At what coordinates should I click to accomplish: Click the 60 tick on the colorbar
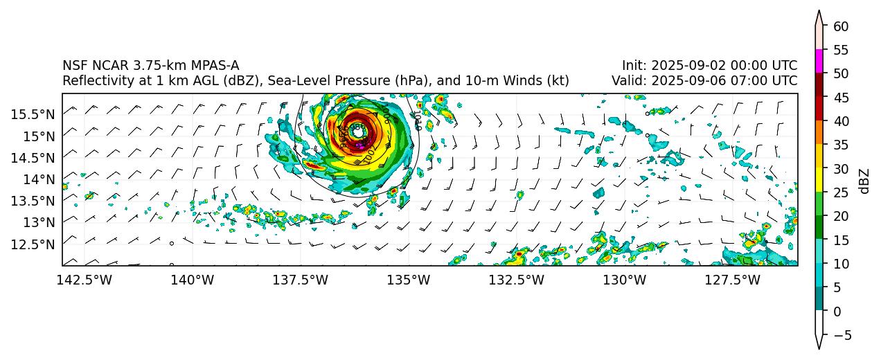842,26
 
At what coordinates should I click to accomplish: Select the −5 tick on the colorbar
841,335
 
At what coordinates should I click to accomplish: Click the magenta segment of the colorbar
819,61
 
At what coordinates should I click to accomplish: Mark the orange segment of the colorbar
819,132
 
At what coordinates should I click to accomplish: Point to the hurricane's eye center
357,129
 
